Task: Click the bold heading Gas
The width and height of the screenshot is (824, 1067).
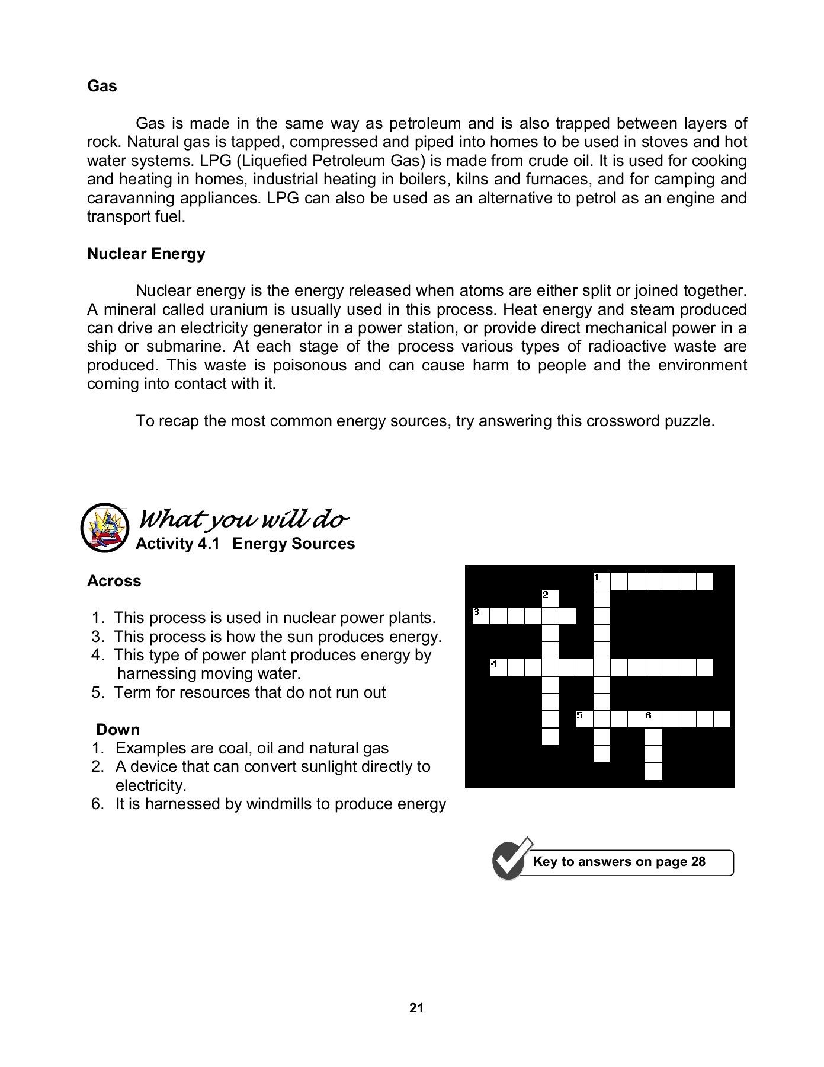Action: [102, 87]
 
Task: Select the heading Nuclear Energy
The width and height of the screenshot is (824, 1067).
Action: [146, 254]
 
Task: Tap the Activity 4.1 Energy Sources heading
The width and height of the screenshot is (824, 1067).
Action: [245, 544]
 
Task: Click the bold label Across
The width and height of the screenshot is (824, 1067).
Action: [114, 581]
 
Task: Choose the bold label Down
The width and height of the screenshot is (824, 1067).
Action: [118, 730]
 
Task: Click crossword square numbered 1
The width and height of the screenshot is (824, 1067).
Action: [601, 581]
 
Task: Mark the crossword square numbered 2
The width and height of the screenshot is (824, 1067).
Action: [550, 598]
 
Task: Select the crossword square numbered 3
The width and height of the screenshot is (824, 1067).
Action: [481, 616]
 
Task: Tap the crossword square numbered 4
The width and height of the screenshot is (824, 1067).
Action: [498, 667]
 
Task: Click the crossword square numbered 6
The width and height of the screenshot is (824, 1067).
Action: [653, 719]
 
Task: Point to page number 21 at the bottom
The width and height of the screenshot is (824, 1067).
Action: [416, 1008]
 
